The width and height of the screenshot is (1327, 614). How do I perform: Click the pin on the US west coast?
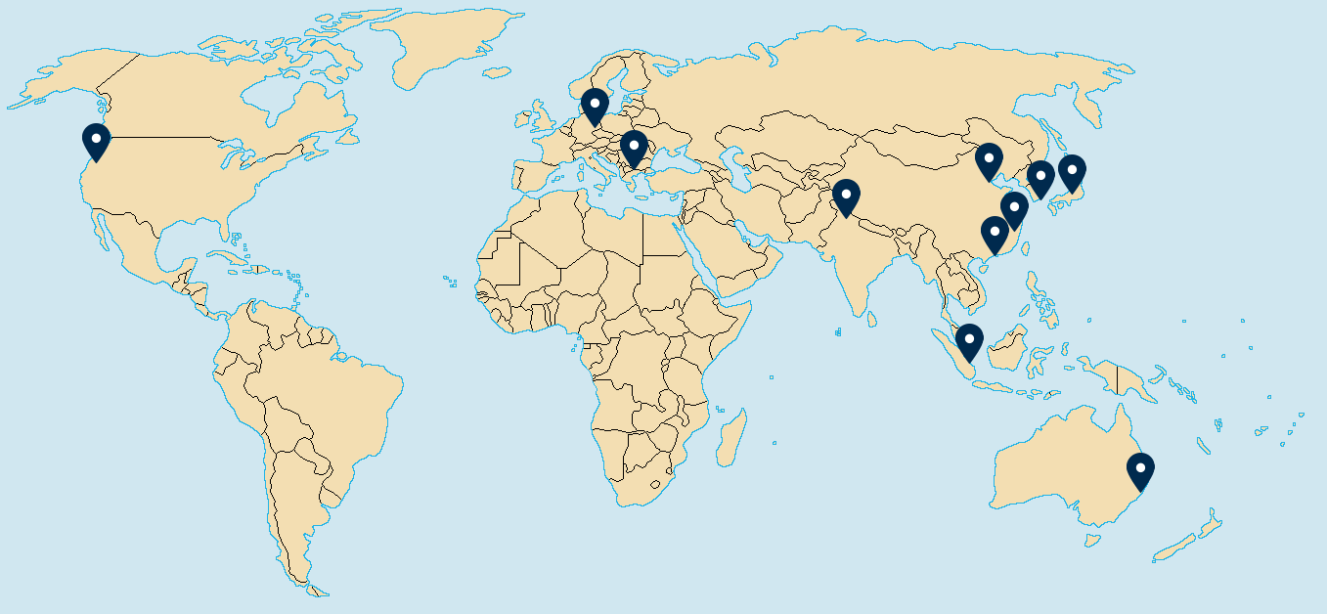click(x=96, y=141)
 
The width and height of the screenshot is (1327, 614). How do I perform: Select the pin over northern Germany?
click(x=595, y=106)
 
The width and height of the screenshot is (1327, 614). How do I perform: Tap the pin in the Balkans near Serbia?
click(x=634, y=149)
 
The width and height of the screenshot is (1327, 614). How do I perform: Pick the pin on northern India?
click(x=846, y=197)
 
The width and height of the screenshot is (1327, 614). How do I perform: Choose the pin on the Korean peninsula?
click(x=1040, y=179)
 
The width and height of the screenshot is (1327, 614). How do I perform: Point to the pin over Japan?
click(x=1072, y=172)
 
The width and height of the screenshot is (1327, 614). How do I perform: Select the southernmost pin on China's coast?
click(x=995, y=234)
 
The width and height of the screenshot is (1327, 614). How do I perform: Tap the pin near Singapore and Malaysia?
click(x=969, y=341)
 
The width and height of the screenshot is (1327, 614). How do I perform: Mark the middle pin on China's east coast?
click(x=1014, y=209)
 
